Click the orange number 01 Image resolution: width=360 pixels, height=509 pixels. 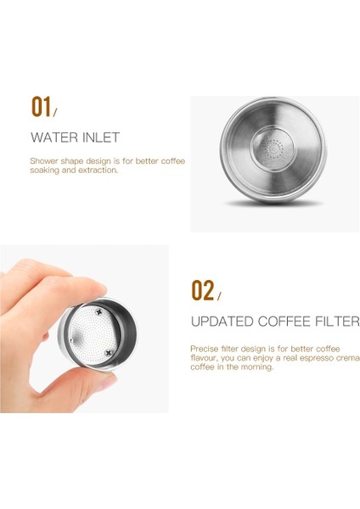pyautogui.click(x=41, y=107)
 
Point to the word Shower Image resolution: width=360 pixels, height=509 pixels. pyautogui.click(x=43, y=160)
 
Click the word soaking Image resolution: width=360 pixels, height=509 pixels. pyautogui.click(x=45, y=170)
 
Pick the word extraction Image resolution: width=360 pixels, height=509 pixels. pyautogui.click(x=98, y=170)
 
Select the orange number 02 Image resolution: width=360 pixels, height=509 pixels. pyautogui.click(x=202, y=291)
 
